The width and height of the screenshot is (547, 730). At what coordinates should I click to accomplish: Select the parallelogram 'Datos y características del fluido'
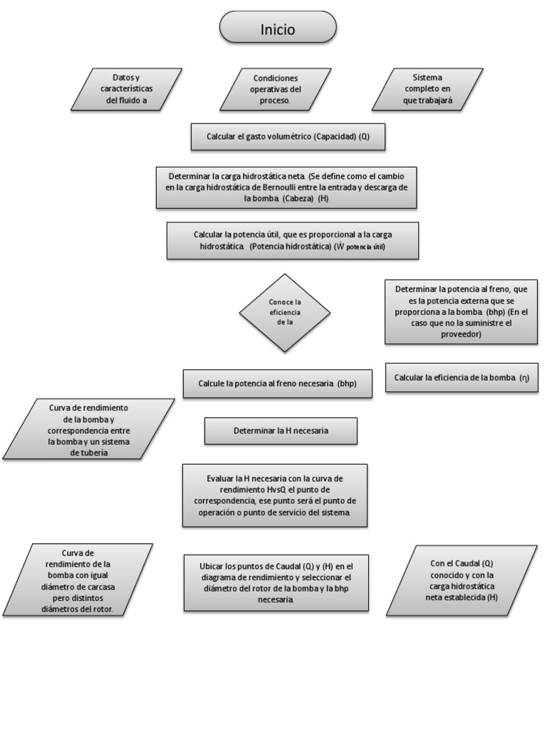pos(126,90)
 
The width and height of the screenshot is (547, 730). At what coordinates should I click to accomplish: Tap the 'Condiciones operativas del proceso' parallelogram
pos(275,90)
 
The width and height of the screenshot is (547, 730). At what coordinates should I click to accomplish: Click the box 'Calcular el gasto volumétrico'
pos(288,136)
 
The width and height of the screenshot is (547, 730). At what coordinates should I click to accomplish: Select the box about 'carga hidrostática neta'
pos(286,187)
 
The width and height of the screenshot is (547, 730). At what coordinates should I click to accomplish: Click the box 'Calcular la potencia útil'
pos(292,240)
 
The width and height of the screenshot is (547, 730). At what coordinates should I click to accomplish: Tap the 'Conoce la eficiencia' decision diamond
pos(285,312)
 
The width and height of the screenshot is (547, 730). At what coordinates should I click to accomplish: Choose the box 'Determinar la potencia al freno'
pos(461,312)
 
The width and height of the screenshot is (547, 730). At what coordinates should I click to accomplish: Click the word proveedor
pos(461,334)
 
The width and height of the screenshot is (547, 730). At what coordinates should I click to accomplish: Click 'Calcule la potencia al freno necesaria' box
pos(277,384)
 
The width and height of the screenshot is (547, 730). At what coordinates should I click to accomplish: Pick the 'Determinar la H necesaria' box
pos(281,431)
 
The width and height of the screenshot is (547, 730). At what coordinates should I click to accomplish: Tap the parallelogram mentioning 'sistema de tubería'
pos(89,428)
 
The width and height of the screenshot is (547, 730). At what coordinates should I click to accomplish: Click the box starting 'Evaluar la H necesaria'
pos(275,495)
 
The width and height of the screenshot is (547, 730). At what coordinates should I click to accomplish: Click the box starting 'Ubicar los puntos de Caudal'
pos(276,582)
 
